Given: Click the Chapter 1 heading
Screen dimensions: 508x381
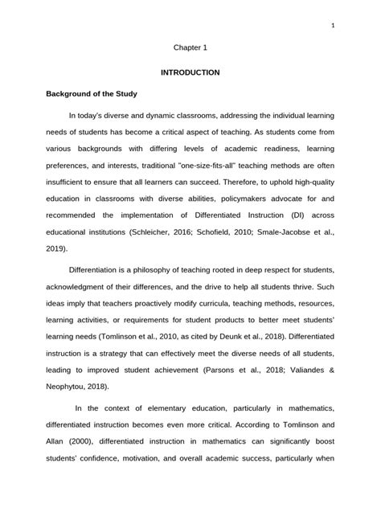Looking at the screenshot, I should click(x=190, y=48).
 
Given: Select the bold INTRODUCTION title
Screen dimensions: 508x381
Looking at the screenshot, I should click(x=190, y=72).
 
